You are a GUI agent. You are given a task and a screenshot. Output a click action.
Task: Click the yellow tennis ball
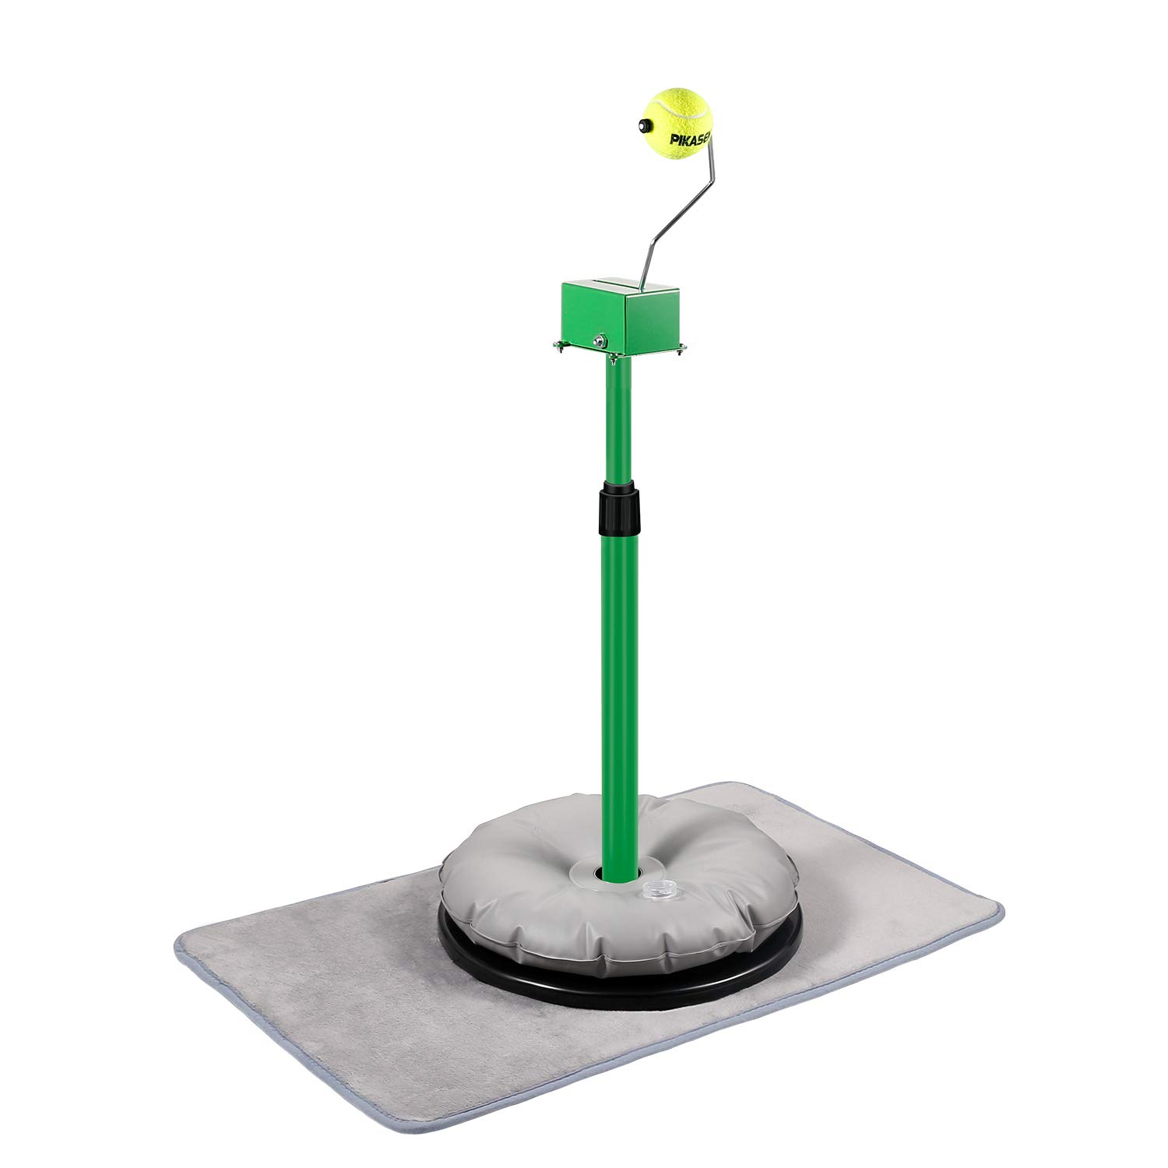pyautogui.click(x=677, y=121)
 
